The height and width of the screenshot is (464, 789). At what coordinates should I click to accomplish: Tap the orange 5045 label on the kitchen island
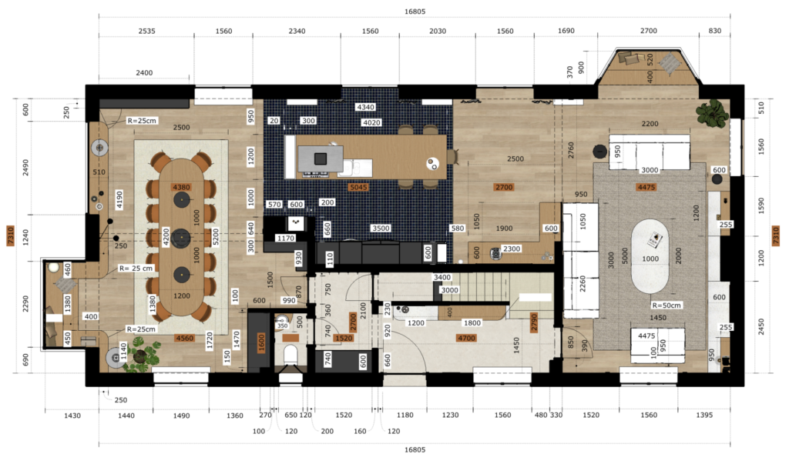[358, 187]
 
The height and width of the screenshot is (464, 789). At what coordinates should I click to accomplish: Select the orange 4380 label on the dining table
[181, 187]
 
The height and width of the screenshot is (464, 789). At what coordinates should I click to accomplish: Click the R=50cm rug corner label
[666, 305]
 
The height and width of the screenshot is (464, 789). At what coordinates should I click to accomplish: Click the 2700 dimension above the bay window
[649, 32]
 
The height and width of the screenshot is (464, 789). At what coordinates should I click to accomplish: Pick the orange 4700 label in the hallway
[465, 337]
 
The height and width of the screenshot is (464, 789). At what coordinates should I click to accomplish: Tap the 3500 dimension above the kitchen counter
[380, 228]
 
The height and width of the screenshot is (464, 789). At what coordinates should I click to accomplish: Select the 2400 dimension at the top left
[144, 73]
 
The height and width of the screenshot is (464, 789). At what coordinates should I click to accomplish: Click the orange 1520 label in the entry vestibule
[344, 337]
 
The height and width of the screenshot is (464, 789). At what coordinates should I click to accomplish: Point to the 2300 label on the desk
[511, 249]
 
